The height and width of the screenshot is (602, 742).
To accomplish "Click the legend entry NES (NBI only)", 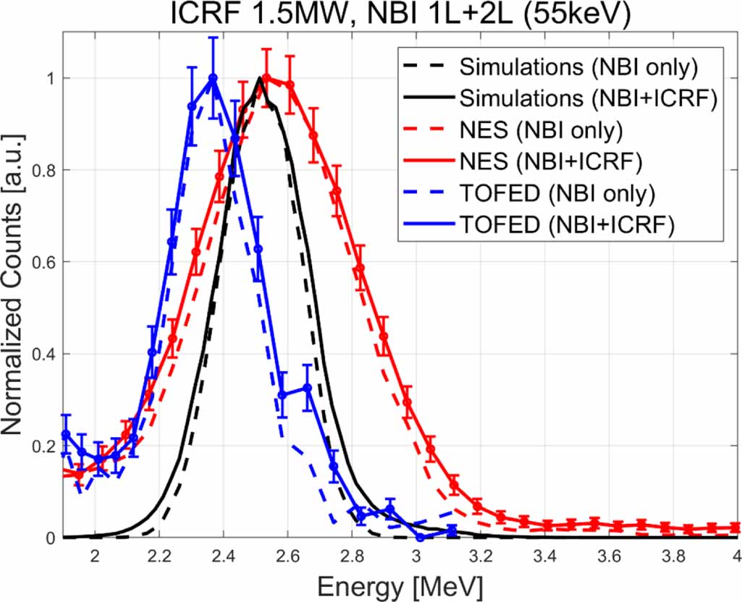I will (x=550, y=131).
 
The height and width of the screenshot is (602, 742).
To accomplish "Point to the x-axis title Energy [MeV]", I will (x=400, y=584).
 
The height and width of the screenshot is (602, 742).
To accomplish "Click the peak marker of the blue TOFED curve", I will (x=213, y=78).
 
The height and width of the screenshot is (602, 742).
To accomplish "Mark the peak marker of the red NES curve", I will (x=266, y=78).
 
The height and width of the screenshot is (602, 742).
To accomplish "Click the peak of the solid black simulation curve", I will (x=259, y=78).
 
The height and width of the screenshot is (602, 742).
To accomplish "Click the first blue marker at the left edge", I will (x=66, y=434).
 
